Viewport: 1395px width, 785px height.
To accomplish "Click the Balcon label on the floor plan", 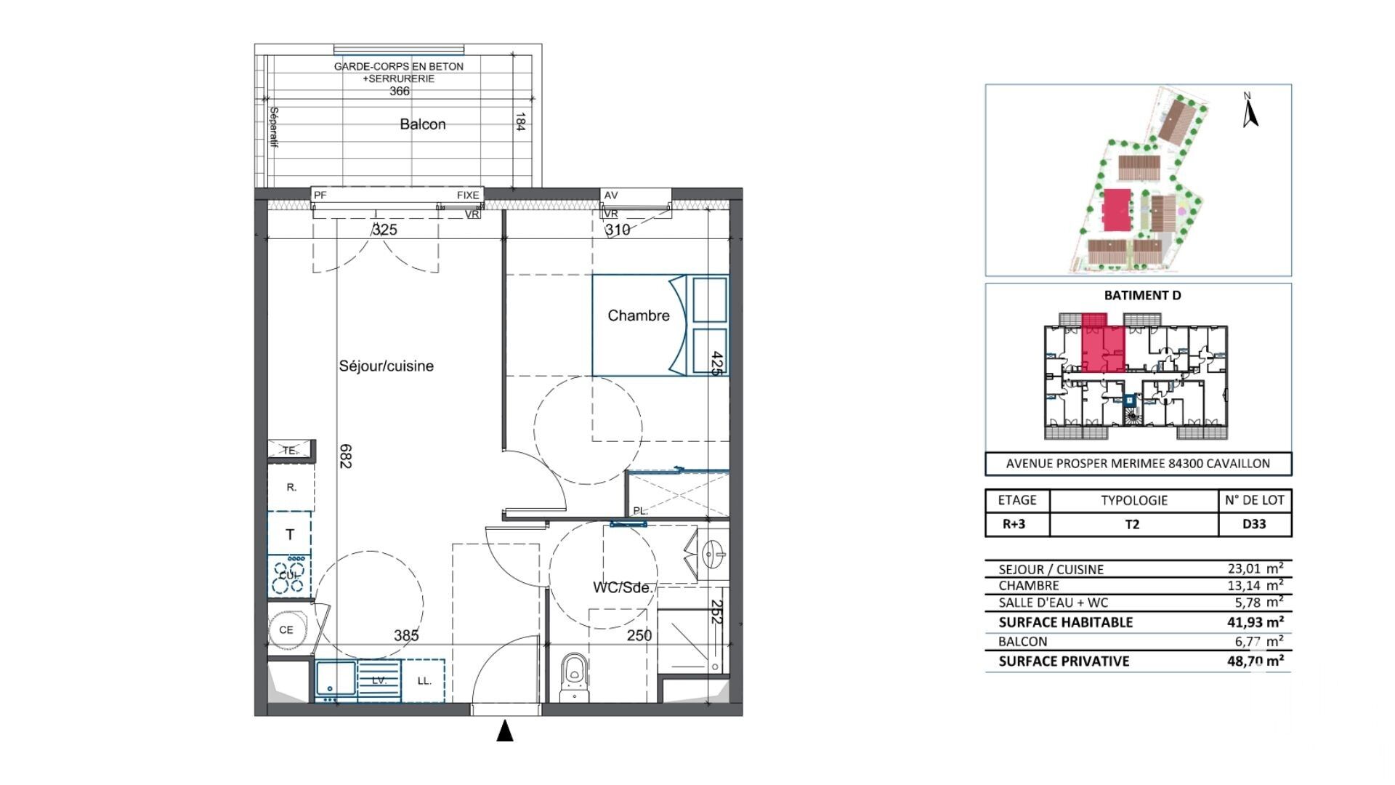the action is (x=422, y=124).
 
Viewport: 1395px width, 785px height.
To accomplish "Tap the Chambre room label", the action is (x=638, y=315).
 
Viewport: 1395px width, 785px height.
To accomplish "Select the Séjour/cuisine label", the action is (x=386, y=366).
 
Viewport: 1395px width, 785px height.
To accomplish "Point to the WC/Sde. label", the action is (x=624, y=587).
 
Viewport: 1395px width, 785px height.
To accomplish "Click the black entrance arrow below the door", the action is (x=505, y=730).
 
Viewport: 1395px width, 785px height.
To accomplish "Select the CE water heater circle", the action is (x=286, y=629).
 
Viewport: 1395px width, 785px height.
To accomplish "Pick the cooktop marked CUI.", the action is (x=289, y=576).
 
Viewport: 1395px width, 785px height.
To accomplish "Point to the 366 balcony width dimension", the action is (x=400, y=92).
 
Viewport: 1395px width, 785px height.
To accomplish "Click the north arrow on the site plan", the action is (x=1250, y=110).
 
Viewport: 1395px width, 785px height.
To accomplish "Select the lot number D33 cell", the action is (x=1254, y=524).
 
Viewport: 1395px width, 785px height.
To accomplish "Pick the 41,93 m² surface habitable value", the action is (x=1255, y=622).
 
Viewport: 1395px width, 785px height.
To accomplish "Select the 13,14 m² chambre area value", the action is (x=1255, y=586).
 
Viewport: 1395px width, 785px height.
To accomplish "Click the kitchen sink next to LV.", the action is (x=336, y=681).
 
